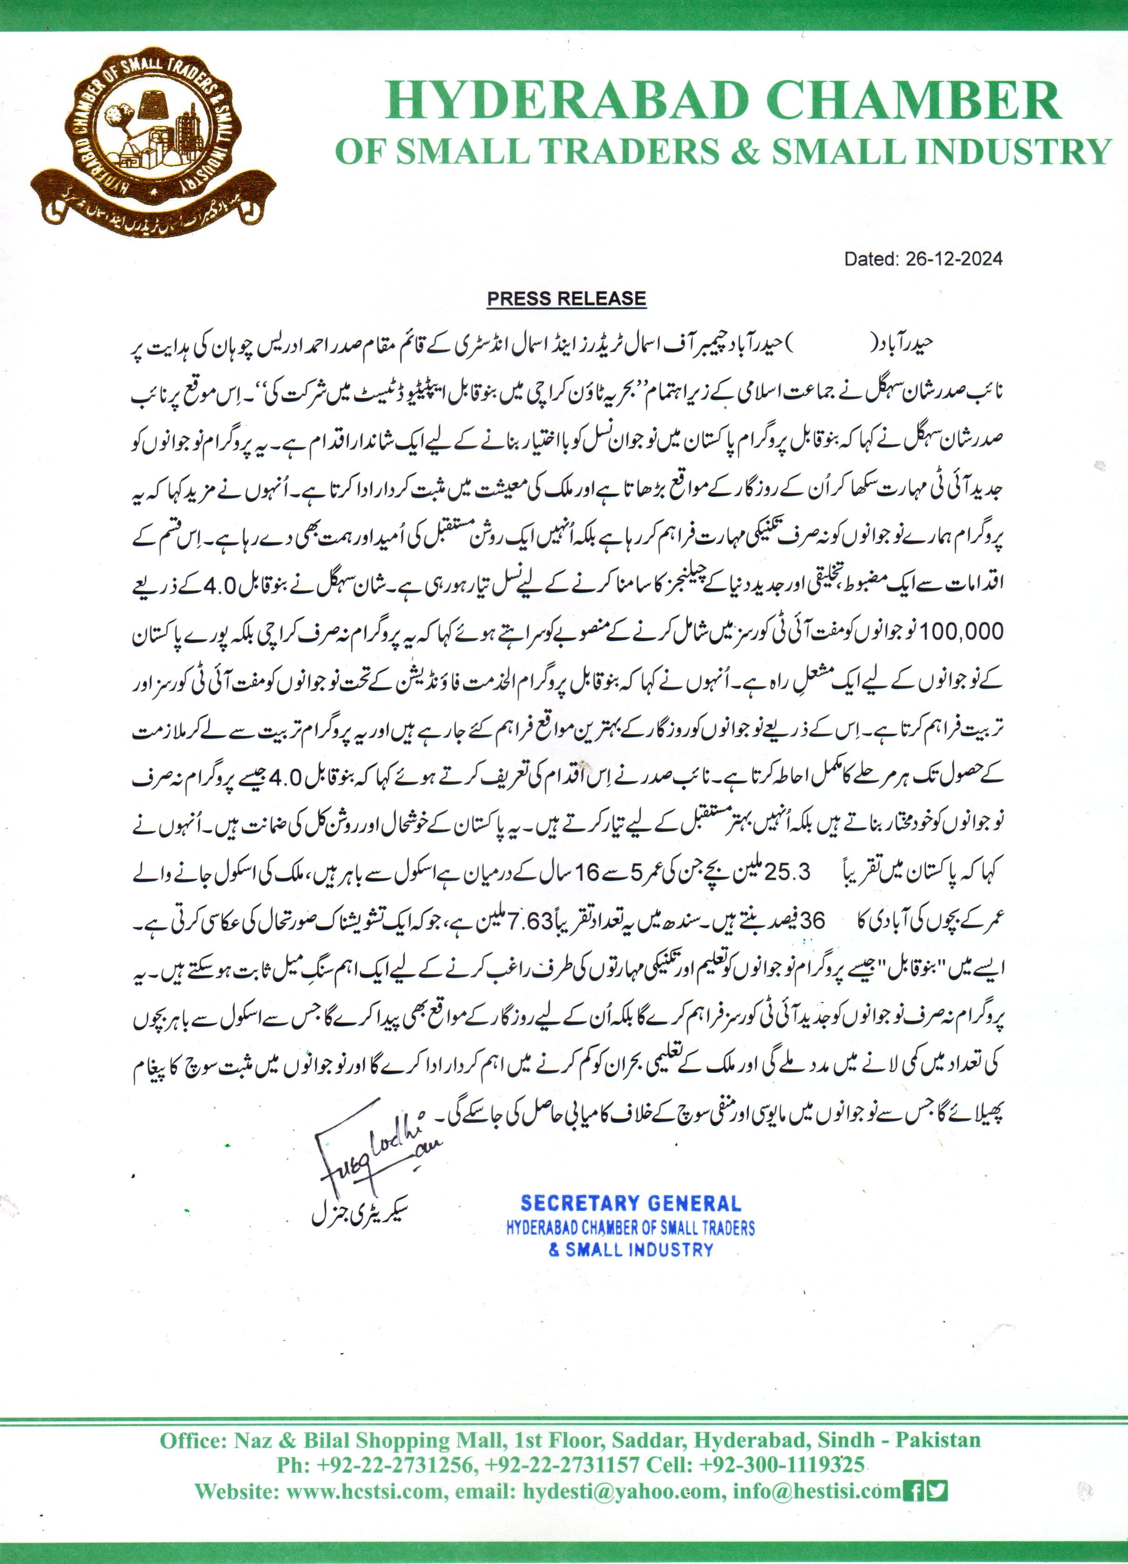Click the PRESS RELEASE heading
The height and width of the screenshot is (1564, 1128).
pyautogui.click(x=566, y=299)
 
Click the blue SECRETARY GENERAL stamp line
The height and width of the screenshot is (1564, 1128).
pyautogui.click(x=631, y=1204)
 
